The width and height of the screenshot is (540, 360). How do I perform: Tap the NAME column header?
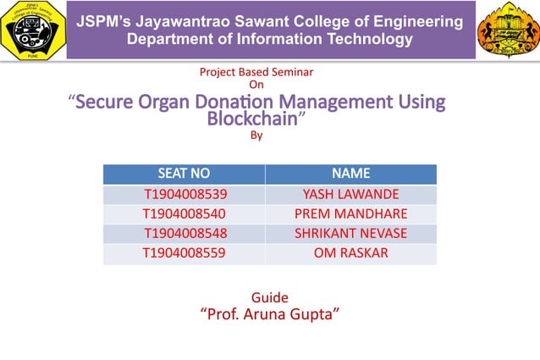pyautogui.click(x=350, y=174)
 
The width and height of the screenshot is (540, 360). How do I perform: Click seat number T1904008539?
pyautogui.click(x=185, y=194)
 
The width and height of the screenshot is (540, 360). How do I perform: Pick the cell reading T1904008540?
pyautogui.click(x=184, y=213)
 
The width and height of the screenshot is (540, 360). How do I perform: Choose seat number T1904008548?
pyautogui.click(x=185, y=233)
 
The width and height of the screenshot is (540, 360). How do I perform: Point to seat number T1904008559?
pyautogui.click(x=184, y=252)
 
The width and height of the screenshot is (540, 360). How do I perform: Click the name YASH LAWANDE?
pyautogui.click(x=350, y=194)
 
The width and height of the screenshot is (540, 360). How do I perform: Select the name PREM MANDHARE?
pyautogui.click(x=350, y=213)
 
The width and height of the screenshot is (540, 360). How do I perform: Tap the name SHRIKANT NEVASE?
pyautogui.click(x=350, y=233)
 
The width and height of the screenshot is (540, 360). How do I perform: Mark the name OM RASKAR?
pyautogui.click(x=350, y=252)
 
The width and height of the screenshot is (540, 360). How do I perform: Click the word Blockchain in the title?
pyautogui.click(x=253, y=119)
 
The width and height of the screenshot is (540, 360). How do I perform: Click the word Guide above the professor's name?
pyautogui.click(x=270, y=297)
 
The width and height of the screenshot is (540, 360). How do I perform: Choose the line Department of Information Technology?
pyautogui.click(x=269, y=38)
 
